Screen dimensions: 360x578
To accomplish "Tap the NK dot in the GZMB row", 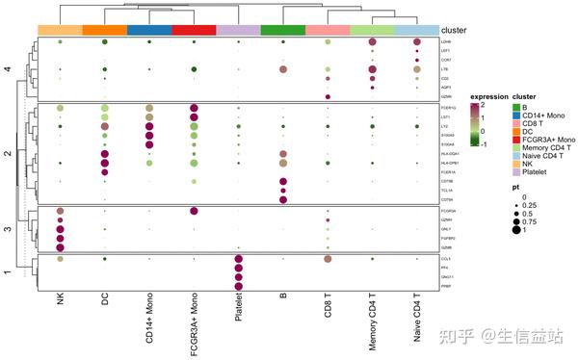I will click(60, 246).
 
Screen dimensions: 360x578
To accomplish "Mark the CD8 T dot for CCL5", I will click(328, 259).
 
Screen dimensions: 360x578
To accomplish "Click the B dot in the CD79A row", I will click(283, 200).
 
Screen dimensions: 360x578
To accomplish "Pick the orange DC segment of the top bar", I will click(104, 31).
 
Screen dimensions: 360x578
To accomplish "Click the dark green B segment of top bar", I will click(283, 31).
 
